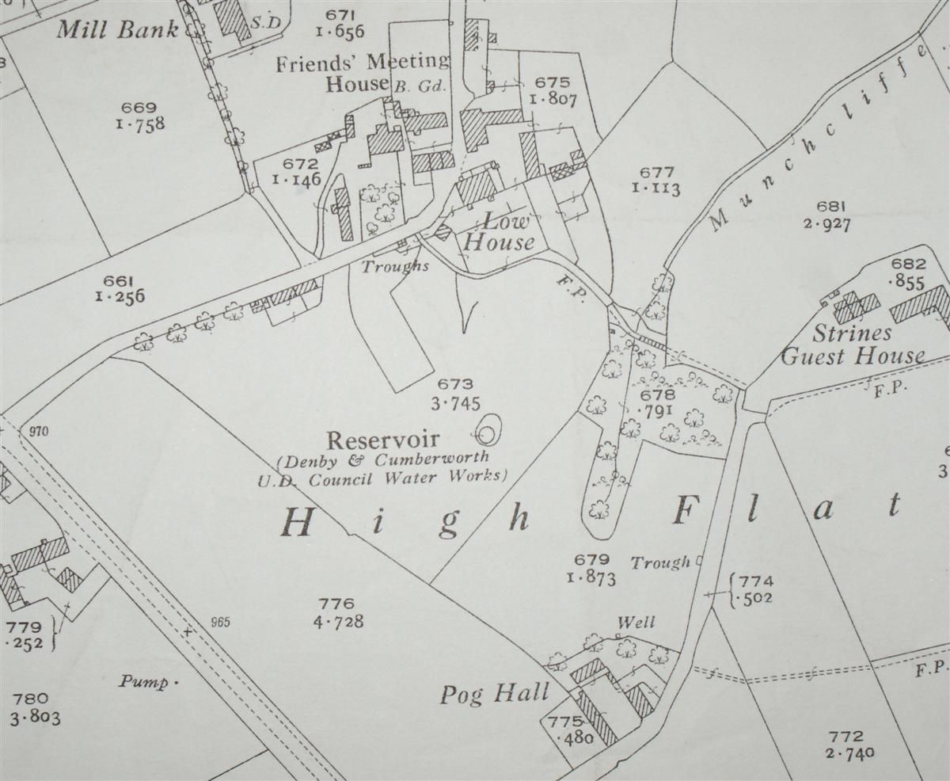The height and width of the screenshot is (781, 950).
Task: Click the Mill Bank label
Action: click(x=117, y=30)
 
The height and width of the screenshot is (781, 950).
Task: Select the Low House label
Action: click(x=498, y=232)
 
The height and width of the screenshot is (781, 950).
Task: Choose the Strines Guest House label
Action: click(x=852, y=345)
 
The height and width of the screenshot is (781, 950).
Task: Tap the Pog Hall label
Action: click(x=495, y=695)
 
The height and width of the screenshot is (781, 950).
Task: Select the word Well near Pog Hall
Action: click(x=636, y=623)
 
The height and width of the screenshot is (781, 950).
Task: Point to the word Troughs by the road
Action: click(x=395, y=266)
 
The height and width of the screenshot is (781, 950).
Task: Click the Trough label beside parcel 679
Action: click(x=660, y=563)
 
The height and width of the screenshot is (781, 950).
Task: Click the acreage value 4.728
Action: click(x=338, y=622)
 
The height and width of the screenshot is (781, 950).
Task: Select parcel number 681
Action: click(x=826, y=208)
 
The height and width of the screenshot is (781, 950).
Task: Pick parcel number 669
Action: click(x=140, y=108)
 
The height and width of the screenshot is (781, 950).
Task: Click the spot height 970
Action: click(x=38, y=432)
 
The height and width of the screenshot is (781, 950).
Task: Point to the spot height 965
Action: click(x=220, y=622)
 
